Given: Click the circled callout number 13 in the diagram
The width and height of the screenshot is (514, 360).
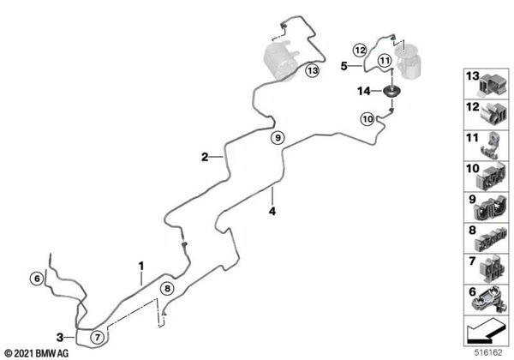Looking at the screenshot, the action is [x=313, y=70].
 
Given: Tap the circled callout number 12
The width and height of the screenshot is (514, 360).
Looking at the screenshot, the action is [x=360, y=51].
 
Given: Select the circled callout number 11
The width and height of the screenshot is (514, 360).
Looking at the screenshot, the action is [x=385, y=61].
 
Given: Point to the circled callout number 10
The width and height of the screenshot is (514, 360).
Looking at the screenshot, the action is [x=368, y=118].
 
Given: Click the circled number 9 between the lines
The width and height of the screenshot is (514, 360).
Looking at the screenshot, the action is [x=278, y=137].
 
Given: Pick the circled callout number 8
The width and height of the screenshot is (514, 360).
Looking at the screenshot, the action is [x=167, y=289].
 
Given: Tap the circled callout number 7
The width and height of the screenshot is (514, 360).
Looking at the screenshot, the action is [x=98, y=337].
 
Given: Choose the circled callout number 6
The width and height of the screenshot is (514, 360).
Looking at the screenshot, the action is [x=37, y=279].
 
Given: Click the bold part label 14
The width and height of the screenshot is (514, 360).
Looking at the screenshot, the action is [x=364, y=91].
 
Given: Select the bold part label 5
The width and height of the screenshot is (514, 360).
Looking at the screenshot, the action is [x=344, y=66].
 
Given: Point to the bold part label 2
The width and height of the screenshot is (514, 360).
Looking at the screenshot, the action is [x=205, y=157].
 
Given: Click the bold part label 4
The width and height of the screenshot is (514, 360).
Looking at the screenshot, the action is [x=272, y=211].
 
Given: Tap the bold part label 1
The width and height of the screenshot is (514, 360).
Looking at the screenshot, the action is [x=141, y=266].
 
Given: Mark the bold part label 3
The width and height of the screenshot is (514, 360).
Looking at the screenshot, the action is [x=60, y=337].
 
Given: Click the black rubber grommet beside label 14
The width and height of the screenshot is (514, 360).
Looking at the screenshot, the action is [x=392, y=91].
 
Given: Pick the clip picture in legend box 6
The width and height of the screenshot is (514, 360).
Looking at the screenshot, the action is [x=487, y=298].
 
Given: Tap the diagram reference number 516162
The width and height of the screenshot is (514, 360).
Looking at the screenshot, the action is [x=488, y=352].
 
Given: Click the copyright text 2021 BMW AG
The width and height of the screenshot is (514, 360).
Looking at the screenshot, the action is [x=42, y=353].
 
